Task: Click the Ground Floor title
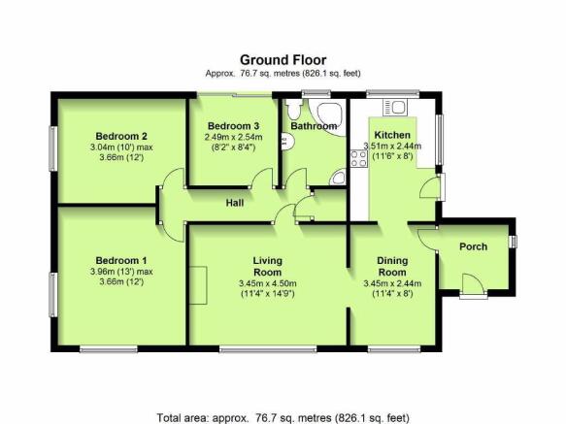point(283,60)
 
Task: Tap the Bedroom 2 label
point(121,137)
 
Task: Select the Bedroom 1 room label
point(121,261)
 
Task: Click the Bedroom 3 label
point(234,126)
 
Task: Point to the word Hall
point(235,203)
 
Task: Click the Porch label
point(473,246)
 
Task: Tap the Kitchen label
point(392,135)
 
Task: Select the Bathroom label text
point(314,126)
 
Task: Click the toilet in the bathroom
point(294,110)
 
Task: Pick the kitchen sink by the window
point(395,108)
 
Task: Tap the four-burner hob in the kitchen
point(359,159)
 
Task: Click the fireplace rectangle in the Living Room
point(198,285)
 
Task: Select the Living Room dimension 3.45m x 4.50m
point(268,283)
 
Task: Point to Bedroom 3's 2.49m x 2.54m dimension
point(234,137)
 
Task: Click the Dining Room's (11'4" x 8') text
point(392,294)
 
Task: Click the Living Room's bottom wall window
point(268,349)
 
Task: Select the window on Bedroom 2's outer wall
point(53,148)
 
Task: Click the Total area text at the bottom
point(283,418)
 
